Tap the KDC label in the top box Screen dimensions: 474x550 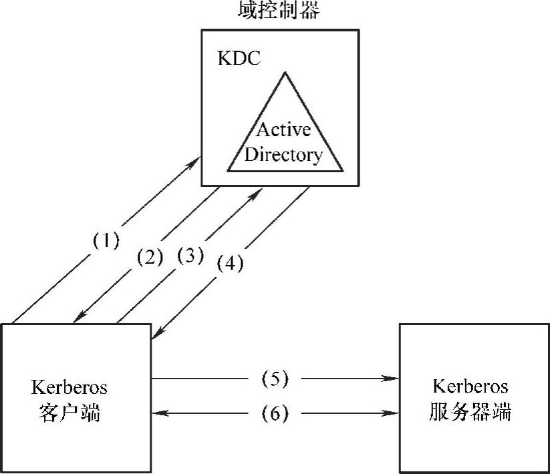click(x=239, y=58)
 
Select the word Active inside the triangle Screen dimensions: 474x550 click(x=283, y=129)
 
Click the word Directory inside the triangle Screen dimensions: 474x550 click(x=283, y=155)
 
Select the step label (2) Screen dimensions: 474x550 click(x=150, y=256)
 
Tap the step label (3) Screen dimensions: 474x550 click(x=190, y=255)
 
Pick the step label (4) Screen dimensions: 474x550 click(x=231, y=264)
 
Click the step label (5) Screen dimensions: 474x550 click(x=275, y=379)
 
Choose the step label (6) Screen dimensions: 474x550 click(x=275, y=414)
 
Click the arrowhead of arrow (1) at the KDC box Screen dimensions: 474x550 click(x=199, y=159)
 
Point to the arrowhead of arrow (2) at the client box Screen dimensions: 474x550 click(x=76, y=320)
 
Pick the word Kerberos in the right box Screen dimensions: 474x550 click(x=470, y=387)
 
